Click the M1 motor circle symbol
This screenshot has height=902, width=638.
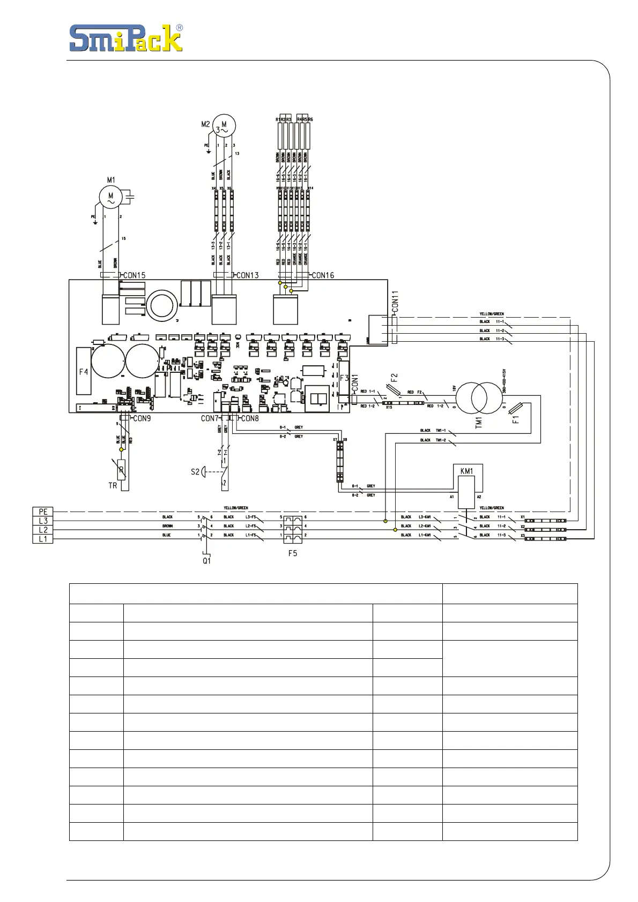coord(111,197)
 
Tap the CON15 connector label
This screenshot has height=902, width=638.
coord(135,275)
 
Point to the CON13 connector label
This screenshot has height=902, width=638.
coord(247,275)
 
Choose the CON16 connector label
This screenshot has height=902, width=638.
coord(323,275)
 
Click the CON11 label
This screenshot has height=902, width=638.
coord(395,302)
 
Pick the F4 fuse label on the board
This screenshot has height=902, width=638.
coord(84,371)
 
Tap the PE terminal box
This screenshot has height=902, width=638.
coord(43,512)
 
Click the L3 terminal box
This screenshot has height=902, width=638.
coord(43,521)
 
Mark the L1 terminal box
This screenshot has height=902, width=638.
coord(43,539)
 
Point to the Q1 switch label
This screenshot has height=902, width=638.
coord(206,561)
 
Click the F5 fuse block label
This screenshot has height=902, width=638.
coord(292,553)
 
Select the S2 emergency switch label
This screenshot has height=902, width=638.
coord(195,472)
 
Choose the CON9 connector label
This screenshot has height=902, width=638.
coord(142,418)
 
